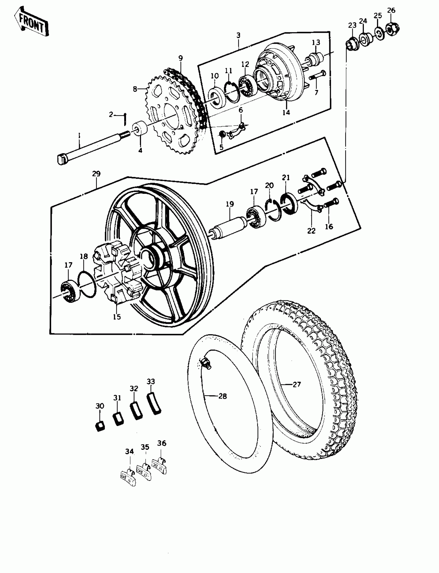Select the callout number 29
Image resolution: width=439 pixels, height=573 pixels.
coord(96,174)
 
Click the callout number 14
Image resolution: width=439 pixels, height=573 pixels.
coord(286,112)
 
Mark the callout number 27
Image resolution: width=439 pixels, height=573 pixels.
coord(297,384)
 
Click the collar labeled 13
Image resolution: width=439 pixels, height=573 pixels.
coord(316,59)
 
